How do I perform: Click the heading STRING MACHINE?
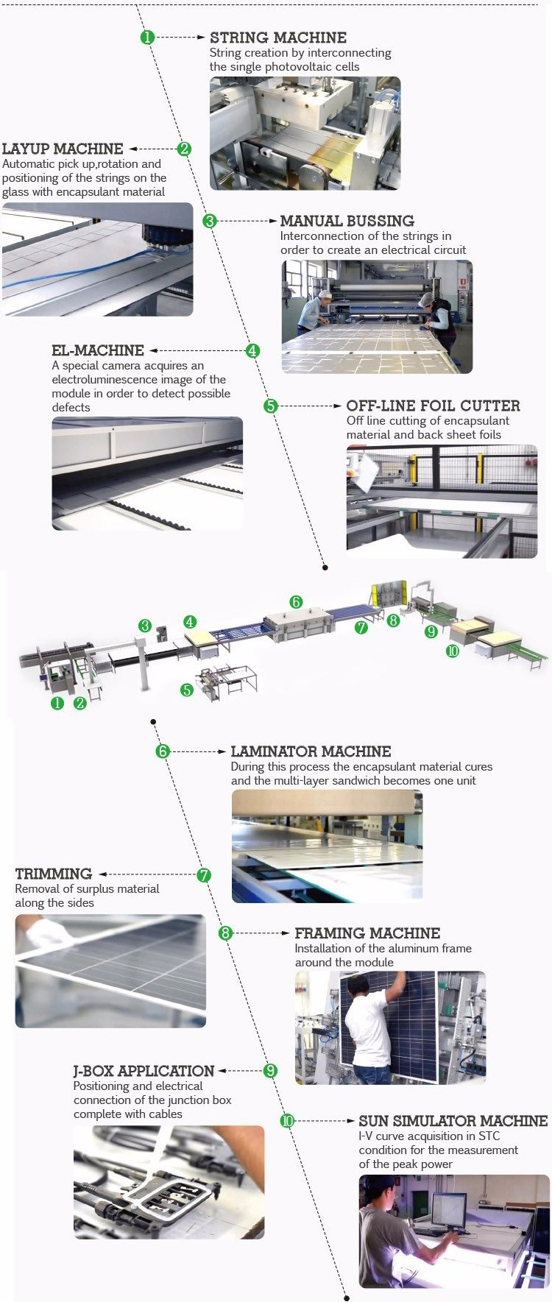277,38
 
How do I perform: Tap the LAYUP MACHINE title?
63,149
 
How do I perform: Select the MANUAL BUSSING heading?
347,221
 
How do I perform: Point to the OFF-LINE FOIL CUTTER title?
433,406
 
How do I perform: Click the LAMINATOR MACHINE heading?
311,751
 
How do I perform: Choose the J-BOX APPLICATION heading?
144,1071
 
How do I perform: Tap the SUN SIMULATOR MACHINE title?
453,1121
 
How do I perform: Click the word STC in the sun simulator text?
489,1136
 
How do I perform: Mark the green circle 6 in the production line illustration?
296,602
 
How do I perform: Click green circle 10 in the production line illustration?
452,651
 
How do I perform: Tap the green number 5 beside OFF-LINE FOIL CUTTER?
271,406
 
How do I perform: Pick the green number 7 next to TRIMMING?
204,875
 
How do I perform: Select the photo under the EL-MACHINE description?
147,473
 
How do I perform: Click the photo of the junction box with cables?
169,1182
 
